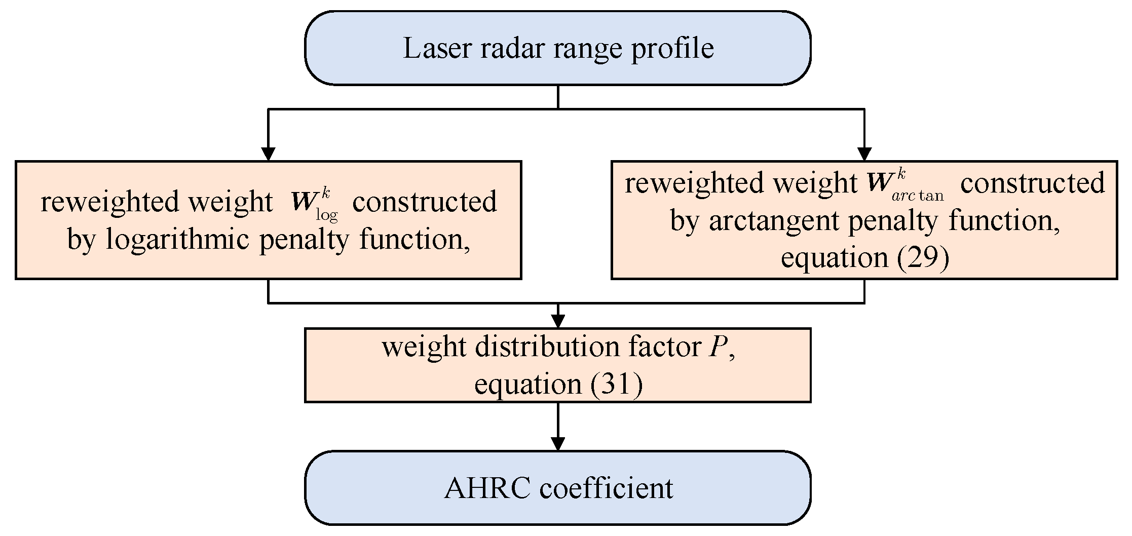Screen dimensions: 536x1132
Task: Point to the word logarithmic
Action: coord(177,239)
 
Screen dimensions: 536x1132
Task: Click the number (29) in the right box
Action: coord(923,257)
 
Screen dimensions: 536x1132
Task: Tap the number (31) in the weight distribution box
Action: coord(616,384)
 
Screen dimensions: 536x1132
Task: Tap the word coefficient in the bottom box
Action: coord(606,488)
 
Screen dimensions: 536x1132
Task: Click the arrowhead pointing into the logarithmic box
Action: coord(268,154)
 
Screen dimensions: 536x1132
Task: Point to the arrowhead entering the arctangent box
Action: coord(864,154)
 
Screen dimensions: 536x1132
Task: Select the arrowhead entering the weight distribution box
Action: coord(558,321)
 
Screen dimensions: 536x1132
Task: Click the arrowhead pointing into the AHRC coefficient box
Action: coord(558,444)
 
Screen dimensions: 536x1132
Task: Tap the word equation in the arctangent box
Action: coord(834,257)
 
